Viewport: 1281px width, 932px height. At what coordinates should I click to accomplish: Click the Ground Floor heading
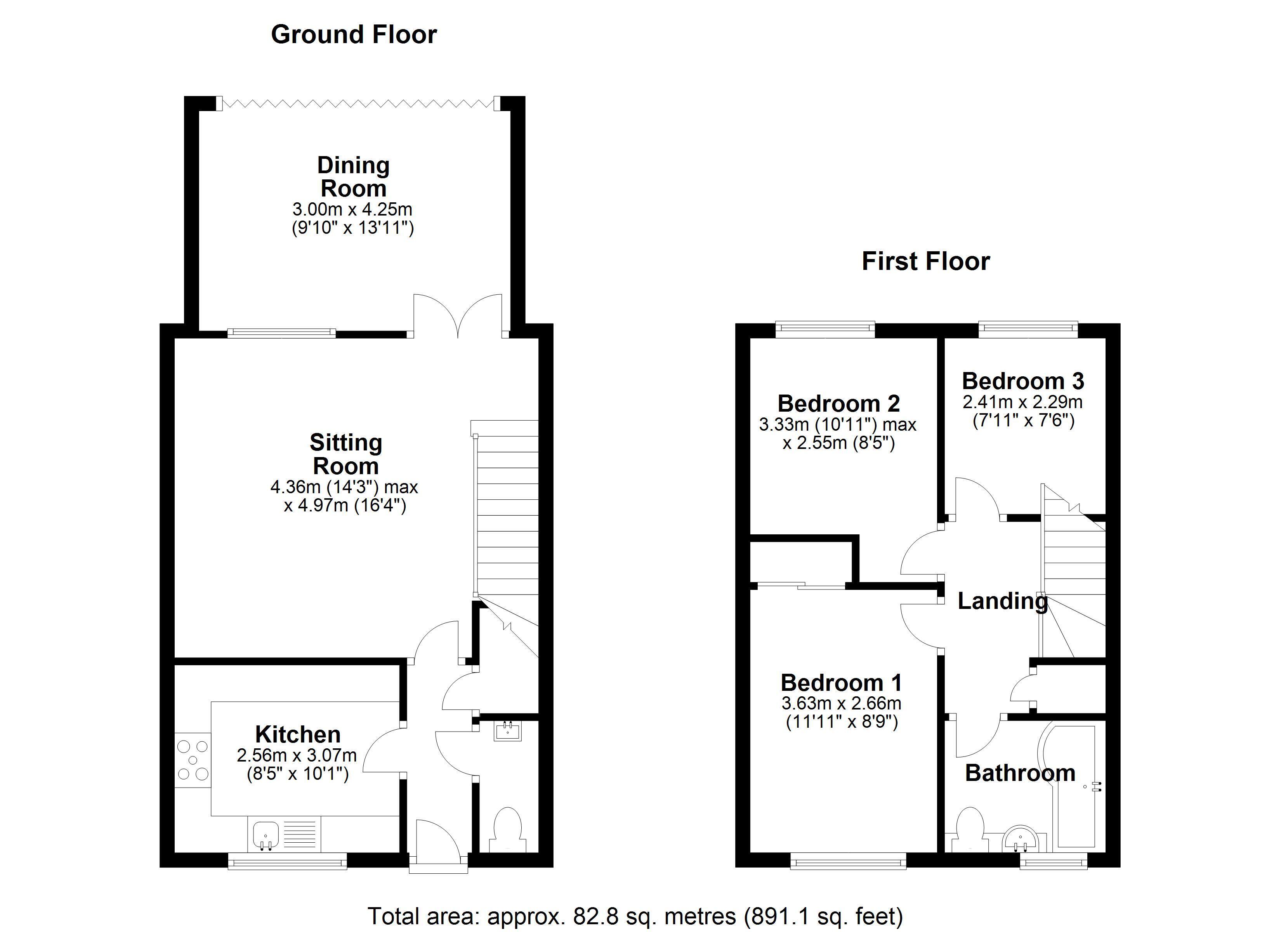[354, 35]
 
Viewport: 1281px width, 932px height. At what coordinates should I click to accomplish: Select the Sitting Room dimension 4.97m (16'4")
[345, 505]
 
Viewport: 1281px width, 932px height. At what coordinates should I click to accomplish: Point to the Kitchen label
[298, 735]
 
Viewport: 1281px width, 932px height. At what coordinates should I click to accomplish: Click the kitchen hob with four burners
[193, 760]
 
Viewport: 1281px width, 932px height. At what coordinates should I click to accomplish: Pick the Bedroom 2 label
[838, 403]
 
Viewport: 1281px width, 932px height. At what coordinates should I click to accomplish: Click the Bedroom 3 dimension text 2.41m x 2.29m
[1022, 402]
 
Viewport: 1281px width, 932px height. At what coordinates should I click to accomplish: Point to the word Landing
[1003, 601]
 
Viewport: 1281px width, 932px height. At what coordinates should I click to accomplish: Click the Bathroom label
[1020, 773]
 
